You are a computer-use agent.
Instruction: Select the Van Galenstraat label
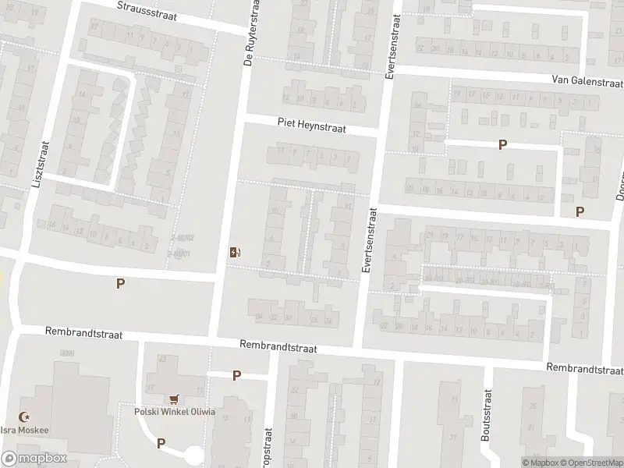pos(587,80)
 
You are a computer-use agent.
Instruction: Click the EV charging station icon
pos(234,252)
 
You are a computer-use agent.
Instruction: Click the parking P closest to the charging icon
pos(120,284)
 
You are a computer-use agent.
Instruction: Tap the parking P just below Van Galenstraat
pos(502,144)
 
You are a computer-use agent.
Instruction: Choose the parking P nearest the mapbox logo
pos(161,443)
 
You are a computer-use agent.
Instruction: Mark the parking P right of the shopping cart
pos(236,375)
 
